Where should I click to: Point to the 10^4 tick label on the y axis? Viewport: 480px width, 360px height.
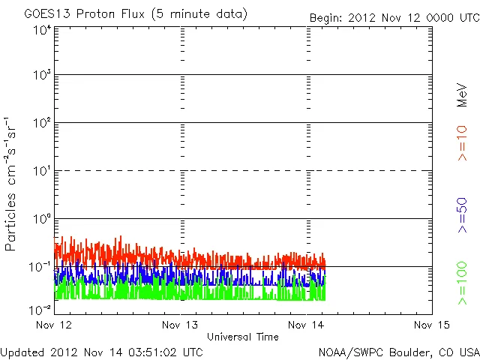(42, 30)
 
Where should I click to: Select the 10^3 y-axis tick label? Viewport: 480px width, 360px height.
(42, 76)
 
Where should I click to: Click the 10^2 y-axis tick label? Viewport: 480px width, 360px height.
(42, 123)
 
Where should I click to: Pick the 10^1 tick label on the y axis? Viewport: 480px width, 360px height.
(42, 171)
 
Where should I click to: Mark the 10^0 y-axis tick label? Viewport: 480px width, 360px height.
(42, 219)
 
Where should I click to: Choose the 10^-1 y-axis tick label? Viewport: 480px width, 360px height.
(41, 267)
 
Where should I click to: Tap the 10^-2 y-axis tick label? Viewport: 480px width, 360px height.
(41, 309)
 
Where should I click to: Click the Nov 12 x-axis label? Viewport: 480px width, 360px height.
(54, 325)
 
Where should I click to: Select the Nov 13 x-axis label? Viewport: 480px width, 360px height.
(181, 325)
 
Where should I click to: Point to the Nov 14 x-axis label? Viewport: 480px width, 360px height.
(307, 325)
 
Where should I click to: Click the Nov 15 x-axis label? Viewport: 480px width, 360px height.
(433, 325)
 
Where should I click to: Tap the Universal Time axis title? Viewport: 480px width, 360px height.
(242, 337)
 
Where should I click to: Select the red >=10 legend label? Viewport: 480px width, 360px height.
(463, 143)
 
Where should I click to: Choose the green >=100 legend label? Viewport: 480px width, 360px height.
(463, 283)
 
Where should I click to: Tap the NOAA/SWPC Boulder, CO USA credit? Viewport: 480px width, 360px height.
(398, 351)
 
